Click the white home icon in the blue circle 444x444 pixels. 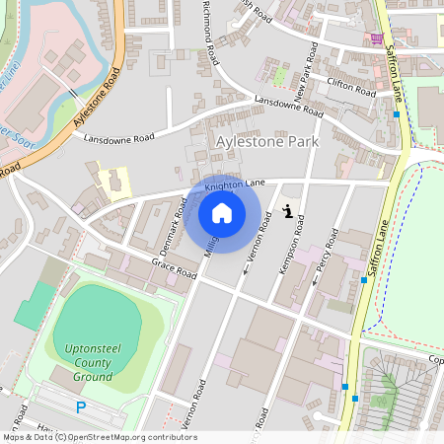pyautogui.click(x=222, y=213)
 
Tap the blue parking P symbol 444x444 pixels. pyautogui.click(x=81, y=407)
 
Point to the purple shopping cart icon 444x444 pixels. pyautogui.click(x=376, y=39)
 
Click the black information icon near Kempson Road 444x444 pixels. pyautogui.click(x=287, y=209)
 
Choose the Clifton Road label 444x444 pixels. pyautogui.click(x=352, y=88)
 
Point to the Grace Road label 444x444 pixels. pyautogui.click(x=175, y=268)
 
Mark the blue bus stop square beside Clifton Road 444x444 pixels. pyautogui.click(x=396, y=114)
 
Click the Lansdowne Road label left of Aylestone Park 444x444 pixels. pyautogui.click(x=119, y=136)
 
